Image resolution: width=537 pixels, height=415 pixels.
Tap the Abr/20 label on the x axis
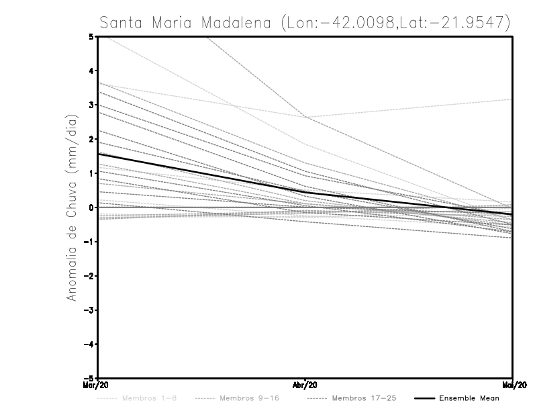tap(305, 385)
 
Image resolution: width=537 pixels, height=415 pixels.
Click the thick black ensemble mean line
tap(201, 173)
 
